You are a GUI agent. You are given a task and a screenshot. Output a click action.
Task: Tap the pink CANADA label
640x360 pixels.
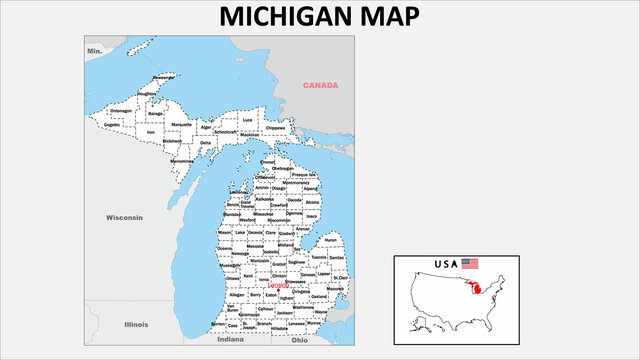pos(320,85)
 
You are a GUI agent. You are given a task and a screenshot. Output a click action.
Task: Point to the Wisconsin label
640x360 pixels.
pos(125,217)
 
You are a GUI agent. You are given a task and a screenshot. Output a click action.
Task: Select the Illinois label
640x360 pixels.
pos(135,324)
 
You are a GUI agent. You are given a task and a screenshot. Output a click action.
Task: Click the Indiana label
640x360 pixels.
pos(230,339)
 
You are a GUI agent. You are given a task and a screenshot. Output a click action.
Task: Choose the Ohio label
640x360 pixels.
pos(300,339)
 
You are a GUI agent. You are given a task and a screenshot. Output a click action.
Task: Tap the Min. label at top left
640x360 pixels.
pos(95,50)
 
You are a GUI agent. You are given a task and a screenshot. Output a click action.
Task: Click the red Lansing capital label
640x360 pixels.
pos(279,285)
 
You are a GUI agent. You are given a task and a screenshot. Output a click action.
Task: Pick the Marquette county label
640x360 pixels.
pos(181,125)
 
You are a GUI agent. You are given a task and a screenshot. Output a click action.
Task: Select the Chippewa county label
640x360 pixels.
pos(276,128)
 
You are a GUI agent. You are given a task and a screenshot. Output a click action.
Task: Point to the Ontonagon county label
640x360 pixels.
pos(121,110)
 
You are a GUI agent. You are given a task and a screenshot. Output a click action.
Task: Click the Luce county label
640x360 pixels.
pos(247,120)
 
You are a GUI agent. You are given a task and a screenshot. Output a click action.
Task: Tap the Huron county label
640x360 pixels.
pos(331,240)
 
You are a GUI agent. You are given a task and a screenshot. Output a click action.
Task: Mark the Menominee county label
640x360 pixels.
pos(181,160)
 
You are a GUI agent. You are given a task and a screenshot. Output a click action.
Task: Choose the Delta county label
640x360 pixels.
pos(206,142)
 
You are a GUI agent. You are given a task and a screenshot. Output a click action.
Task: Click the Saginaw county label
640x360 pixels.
pos(296,262)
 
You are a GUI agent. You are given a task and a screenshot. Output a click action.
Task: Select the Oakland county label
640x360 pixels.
pos(319,296)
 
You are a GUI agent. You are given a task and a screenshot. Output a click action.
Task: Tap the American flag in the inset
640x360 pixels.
pos(470,263)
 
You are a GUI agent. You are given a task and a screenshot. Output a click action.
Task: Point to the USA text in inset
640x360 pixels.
pos(445,264)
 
